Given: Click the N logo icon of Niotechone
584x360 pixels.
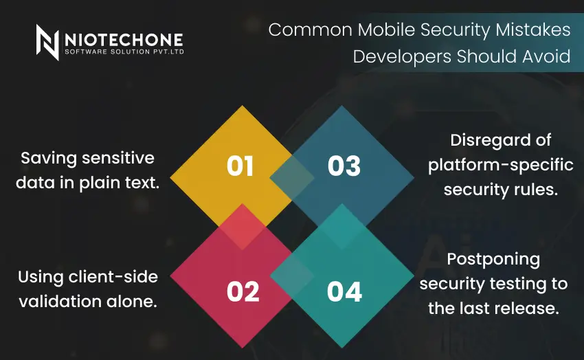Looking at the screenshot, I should (x=47, y=42).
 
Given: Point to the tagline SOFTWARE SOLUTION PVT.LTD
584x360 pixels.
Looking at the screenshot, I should (x=124, y=52).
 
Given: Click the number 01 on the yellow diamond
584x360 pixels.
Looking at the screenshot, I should (x=240, y=166).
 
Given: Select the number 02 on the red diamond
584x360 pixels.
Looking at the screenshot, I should (x=243, y=292).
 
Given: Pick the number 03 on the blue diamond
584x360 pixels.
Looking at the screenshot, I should (x=344, y=166).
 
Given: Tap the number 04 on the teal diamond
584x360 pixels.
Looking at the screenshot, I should (x=344, y=292).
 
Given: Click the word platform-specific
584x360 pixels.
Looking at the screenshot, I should (x=492, y=166).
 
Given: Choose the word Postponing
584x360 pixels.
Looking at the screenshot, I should (x=493, y=260).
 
